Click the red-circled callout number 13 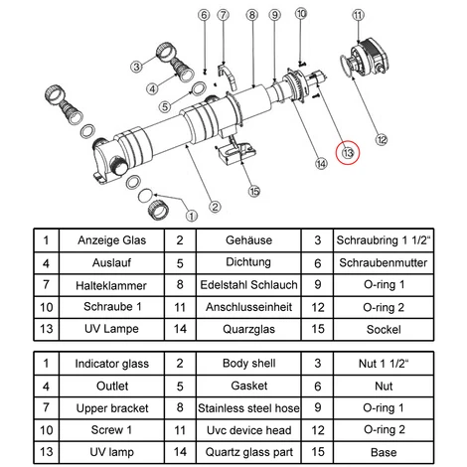(x=348, y=153)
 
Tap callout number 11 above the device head (x=358, y=15)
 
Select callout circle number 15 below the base (x=254, y=191)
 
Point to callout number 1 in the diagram (x=192, y=216)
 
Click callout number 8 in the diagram (x=252, y=15)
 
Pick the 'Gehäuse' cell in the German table (x=248, y=240)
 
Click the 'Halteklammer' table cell (x=111, y=285)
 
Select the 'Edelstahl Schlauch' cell (x=248, y=285)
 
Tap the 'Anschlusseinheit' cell (x=248, y=307)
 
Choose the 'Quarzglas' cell (x=248, y=329)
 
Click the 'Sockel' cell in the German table (x=384, y=329)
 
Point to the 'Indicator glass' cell (x=111, y=364)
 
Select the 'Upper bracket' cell (x=111, y=408)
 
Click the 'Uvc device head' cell (x=248, y=430)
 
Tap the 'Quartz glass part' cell (x=248, y=452)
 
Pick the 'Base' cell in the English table (x=384, y=452)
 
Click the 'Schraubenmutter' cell (x=384, y=263)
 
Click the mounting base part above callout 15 (x=235, y=151)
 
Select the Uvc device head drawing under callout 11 (x=370, y=57)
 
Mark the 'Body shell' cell (x=248, y=364)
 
